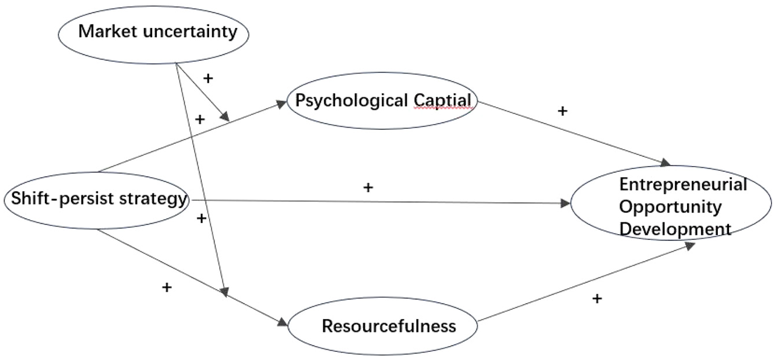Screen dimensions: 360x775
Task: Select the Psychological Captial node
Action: pos(382,103)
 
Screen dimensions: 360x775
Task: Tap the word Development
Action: pos(675,229)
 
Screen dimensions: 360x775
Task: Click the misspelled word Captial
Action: pos(442,100)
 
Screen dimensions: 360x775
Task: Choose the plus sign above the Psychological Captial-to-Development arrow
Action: pos(562,111)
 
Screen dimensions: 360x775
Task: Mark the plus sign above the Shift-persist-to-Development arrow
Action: pos(368,188)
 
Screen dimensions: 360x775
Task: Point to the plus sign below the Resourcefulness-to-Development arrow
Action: pos(597,299)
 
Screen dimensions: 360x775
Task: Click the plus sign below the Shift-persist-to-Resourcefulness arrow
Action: pos(167,287)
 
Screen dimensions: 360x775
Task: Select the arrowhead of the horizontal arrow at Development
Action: pos(566,203)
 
